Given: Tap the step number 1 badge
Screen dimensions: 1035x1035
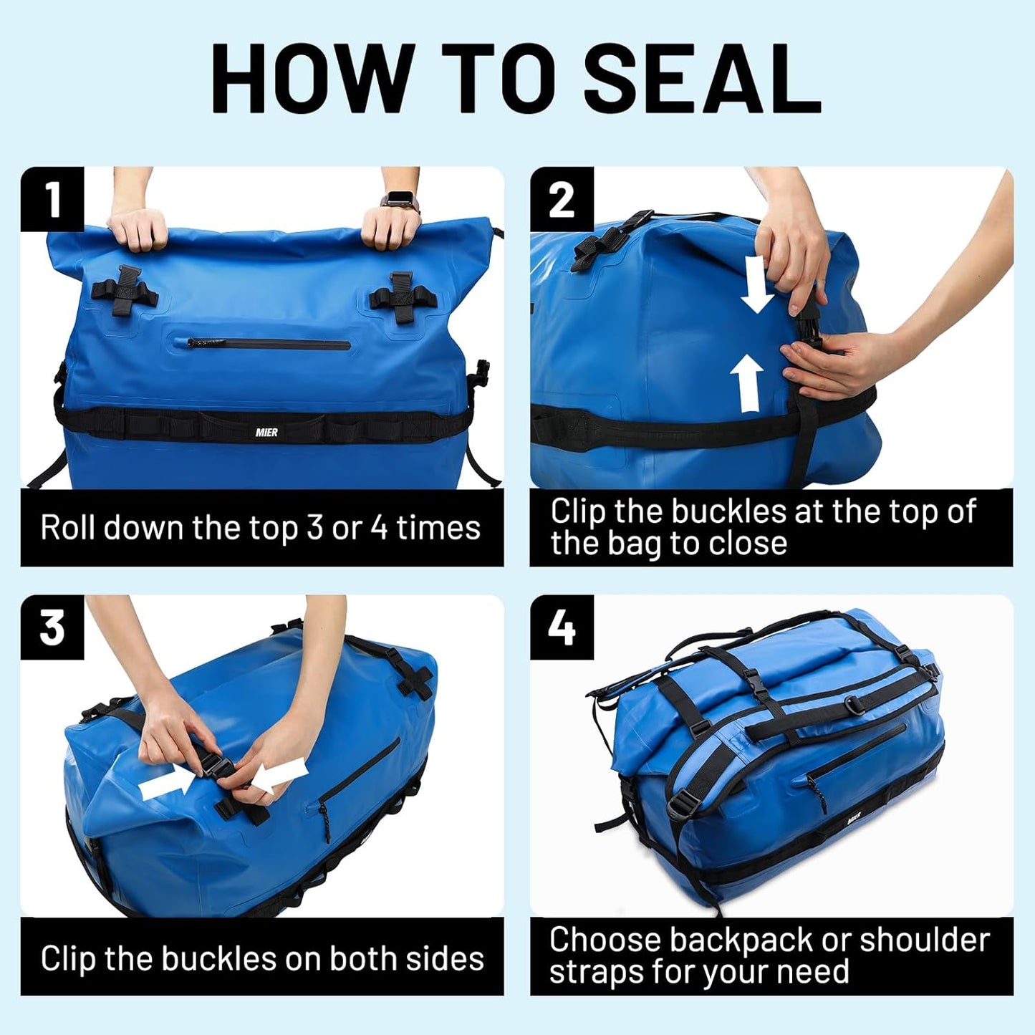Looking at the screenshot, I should (x=52, y=199).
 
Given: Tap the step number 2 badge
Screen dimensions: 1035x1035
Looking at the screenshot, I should (x=562, y=199).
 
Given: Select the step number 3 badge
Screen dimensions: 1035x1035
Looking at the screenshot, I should (x=52, y=627).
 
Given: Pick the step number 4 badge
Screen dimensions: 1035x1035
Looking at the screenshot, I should (x=562, y=627).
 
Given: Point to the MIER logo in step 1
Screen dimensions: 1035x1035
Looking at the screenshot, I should (x=266, y=433).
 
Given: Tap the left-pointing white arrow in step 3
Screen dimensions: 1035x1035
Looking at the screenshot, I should (x=279, y=777).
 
